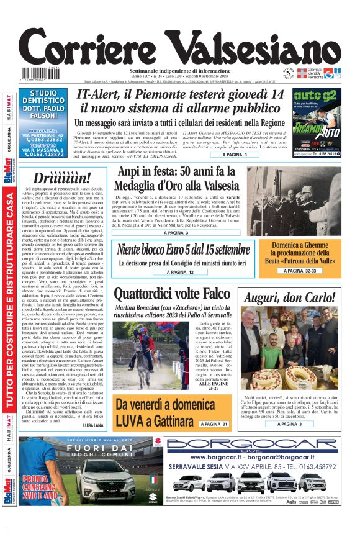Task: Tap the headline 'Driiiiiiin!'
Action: coord(62,177)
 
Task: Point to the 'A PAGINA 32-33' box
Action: coord(301,271)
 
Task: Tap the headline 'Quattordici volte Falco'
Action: coord(175,294)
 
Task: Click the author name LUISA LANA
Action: coord(92,425)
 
